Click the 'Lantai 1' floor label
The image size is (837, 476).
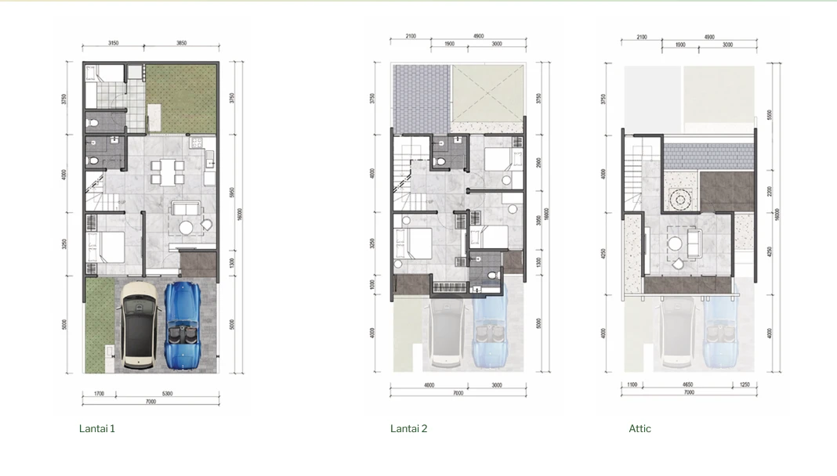[x=97, y=428]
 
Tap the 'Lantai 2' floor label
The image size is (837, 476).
[x=409, y=428]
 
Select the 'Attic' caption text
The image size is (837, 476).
[x=640, y=428]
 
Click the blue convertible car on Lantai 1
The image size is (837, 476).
[x=183, y=323]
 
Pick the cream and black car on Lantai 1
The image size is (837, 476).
[x=139, y=324]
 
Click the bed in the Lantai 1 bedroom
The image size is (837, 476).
[x=105, y=249]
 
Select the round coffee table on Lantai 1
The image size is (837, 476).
[x=187, y=228]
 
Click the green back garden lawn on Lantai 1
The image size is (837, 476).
[x=182, y=99]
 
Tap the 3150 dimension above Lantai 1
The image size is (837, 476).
[x=113, y=44]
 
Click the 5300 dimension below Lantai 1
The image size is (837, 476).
[x=167, y=394]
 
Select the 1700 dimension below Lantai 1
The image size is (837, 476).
[x=99, y=394]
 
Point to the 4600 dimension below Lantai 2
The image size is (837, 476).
[x=429, y=385]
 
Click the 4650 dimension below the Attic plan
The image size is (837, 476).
[x=687, y=385]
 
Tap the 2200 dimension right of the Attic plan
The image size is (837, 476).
[x=770, y=191]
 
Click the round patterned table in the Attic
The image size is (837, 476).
[x=679, y=200]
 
